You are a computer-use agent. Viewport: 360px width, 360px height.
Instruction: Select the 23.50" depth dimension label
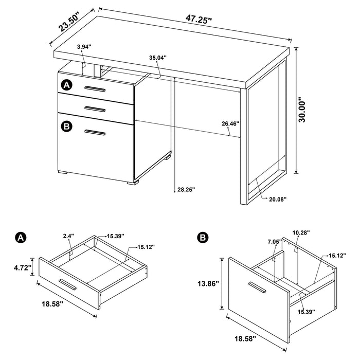tap(71, 23)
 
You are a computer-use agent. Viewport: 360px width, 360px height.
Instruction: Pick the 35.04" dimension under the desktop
tap(158, 58)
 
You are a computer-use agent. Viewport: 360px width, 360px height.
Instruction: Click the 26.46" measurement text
tap(231, 123)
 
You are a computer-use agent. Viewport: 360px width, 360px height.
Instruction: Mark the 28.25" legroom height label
tap(185, 189)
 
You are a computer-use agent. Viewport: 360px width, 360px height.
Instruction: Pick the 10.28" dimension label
tap(301, 233)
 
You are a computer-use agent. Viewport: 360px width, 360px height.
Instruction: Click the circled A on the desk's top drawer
tap(66, 85)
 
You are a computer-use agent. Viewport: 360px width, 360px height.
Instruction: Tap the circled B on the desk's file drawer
tap(66, 126)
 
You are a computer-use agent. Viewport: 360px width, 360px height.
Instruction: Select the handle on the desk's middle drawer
tap(95, 108)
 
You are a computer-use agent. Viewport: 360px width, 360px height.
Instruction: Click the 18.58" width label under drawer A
tap(51, 304)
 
